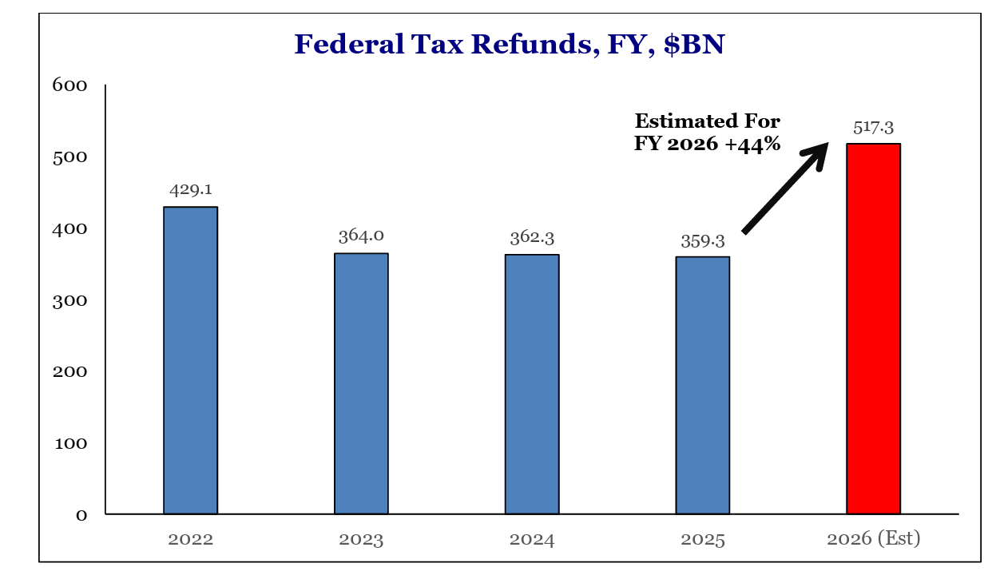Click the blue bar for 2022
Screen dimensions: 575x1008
(x=190, y=360)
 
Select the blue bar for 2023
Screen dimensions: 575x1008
(x=361, y=383)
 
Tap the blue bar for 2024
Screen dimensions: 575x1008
(x=532, y=384)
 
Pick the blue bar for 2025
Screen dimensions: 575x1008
(x=703, y=385)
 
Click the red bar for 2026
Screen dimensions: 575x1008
(x=873, y=328)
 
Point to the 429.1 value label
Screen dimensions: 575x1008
(x=190, y=190)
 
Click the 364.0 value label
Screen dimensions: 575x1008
(x=361, y=236)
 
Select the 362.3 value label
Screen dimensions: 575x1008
(x=532, y=237)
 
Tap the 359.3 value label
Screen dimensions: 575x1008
(x=703, y=240)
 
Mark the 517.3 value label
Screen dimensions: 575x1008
(x=873, y=127)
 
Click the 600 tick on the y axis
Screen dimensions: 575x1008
(x=69, y=85)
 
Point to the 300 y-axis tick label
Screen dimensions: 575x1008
(x=69, y=300)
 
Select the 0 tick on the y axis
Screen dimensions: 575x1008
(x=81, y=515)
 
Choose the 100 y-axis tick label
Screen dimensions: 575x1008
(x=69, y=443)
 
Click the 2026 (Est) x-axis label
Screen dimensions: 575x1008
(x=873, y=539)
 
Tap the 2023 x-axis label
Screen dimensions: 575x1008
(x=361, y=540)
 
